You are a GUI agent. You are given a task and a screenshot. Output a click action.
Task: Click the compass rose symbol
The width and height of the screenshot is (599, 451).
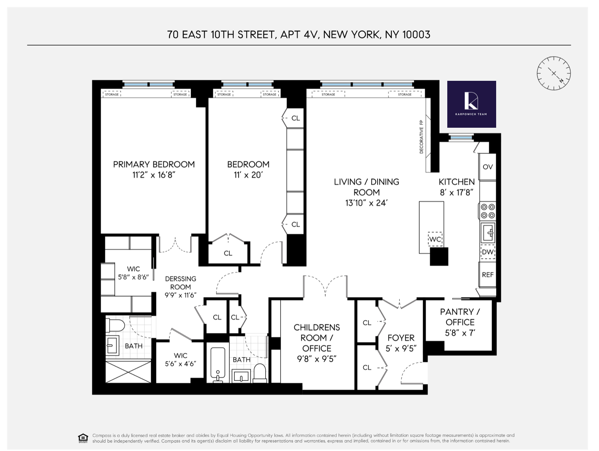click(554, 73)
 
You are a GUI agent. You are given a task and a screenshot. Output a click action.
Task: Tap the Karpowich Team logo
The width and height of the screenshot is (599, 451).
click(471, 104)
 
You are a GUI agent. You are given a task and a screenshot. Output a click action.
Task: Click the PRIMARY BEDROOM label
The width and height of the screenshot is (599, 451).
click(154, 164)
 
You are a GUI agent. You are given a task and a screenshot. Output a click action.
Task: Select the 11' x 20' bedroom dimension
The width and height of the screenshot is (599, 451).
click(248, 175)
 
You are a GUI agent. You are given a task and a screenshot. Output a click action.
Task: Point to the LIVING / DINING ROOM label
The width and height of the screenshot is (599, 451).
click(366, 187)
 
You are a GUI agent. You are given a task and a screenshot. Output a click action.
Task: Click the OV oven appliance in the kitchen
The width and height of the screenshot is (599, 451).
click(487, 167)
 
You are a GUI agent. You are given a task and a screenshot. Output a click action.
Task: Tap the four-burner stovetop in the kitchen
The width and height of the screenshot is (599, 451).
click(487, 211)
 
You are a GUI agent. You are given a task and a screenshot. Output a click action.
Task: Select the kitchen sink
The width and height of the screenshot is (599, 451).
click(488, 233)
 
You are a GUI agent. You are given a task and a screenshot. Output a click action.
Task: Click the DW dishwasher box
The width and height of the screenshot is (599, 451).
click(487, 252)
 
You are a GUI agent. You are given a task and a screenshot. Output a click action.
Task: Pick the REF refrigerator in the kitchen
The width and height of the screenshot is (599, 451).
click(487, 275)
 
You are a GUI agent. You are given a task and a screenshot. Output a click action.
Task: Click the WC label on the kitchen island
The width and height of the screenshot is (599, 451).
click(435, 239)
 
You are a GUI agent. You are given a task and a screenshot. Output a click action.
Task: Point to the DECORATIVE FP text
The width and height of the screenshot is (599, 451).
click(421, 136)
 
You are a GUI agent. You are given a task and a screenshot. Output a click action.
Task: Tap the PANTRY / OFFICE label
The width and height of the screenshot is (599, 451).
click(460, 317)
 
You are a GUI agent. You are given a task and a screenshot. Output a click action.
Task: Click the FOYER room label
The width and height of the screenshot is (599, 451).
click(401, 338)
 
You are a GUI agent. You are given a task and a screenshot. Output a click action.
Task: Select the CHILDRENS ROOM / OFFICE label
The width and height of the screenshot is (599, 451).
click(316, 338)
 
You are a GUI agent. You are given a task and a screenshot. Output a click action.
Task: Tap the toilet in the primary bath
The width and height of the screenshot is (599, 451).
click(115, 326)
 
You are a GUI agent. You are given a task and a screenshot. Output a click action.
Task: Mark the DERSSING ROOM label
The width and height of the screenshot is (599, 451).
click(180, 283)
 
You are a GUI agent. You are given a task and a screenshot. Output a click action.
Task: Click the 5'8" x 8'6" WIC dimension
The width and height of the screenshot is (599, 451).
click(134, 277)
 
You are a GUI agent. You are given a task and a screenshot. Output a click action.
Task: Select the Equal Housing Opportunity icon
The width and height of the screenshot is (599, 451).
click(83, 438)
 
